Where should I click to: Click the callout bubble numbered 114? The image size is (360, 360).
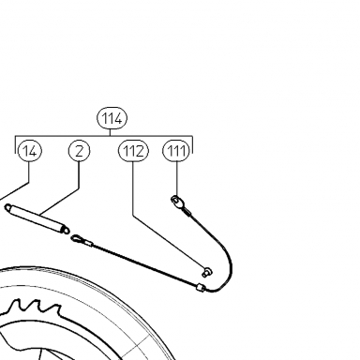112,119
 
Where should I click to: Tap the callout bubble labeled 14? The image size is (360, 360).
30,151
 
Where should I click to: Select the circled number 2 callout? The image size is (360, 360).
80,151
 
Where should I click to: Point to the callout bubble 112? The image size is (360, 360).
133,151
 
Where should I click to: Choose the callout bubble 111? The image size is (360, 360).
177,151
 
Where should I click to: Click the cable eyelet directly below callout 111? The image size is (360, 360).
176,200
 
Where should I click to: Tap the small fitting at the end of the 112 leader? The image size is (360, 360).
207,272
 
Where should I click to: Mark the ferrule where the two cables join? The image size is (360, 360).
201,287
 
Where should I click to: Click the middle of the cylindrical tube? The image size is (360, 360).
37,218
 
